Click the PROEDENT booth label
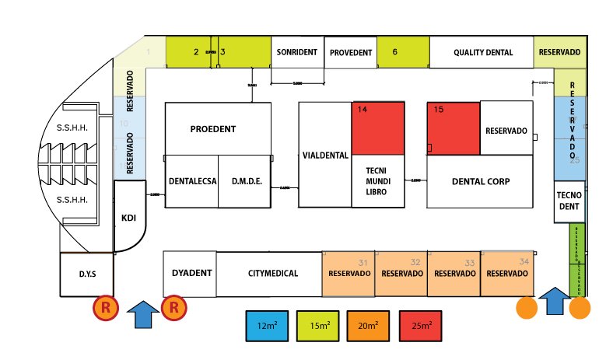click(212, 129)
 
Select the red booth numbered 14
click(378, 128)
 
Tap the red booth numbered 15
click(454, 128)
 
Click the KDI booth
click(129, 218)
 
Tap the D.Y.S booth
click(86, 274)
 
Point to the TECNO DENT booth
click(569, 201)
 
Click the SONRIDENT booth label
click(297, 53)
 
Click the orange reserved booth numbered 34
click(506, 274)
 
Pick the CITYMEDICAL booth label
click(268, 274)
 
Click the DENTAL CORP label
click(480, 181)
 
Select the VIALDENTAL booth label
click(324, 155)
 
